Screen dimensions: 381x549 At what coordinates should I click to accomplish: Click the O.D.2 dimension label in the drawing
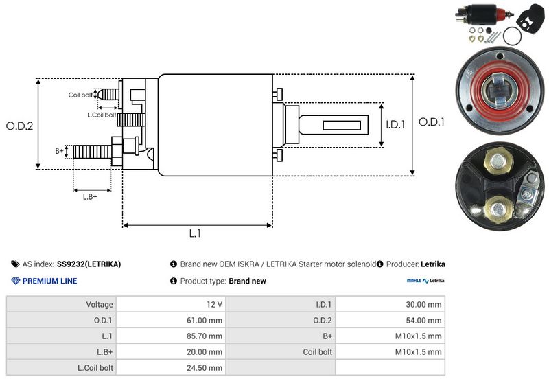19,126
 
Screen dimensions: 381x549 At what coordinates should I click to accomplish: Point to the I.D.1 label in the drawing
397,124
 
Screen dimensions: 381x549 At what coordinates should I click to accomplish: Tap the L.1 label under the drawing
195,233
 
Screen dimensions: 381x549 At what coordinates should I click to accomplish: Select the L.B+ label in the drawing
90,197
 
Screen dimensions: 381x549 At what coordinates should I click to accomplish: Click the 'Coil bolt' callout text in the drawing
80,95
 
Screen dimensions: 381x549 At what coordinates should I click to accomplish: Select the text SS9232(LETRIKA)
89,264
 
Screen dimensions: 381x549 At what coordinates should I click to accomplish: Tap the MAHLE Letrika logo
425,281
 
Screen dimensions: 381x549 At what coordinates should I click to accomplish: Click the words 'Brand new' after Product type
247,281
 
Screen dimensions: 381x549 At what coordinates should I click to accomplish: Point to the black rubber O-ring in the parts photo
511,35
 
